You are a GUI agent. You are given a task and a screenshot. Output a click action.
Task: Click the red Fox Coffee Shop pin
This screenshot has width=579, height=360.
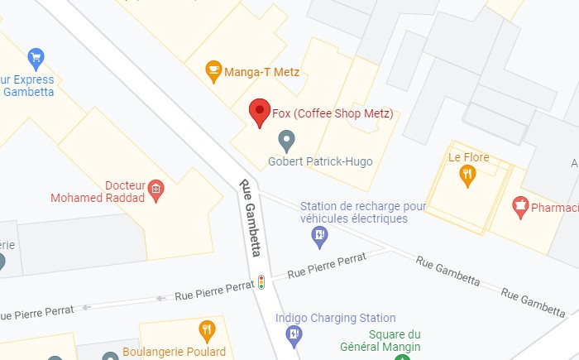click(260, 112)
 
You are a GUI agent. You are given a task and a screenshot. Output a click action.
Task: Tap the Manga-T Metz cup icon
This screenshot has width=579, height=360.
click(213, 71)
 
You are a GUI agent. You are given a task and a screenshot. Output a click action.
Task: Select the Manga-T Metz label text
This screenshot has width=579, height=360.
click(262, 73)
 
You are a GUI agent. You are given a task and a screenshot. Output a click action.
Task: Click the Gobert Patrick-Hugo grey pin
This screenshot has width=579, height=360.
click(286, 141)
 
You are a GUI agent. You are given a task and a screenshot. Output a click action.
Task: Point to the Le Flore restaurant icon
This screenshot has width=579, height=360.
click(467, 175)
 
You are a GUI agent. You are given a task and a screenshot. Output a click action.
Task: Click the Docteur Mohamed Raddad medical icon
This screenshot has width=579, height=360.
click(155, 191)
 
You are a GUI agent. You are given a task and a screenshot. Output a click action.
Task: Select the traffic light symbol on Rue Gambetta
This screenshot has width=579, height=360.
click(261, 282)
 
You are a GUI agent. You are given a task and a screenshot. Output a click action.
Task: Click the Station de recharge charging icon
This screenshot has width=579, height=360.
click(319, 238)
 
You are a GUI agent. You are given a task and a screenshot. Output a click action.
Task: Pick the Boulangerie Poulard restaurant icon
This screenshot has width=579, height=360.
click(207, 331)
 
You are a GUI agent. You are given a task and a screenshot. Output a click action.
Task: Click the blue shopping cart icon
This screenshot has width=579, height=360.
click(35, 58)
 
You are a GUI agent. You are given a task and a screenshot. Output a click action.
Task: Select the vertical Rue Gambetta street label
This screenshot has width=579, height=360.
click(251, 218)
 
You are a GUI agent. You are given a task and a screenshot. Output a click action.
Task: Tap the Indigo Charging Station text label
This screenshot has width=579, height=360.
click(335, 318)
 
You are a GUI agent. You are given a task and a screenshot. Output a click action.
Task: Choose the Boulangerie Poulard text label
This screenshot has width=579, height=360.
click(174, 352)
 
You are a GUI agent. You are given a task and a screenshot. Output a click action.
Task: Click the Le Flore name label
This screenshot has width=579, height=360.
click(469, 157)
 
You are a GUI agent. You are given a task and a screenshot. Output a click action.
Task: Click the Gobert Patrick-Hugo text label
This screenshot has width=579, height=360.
click(320, 161)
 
